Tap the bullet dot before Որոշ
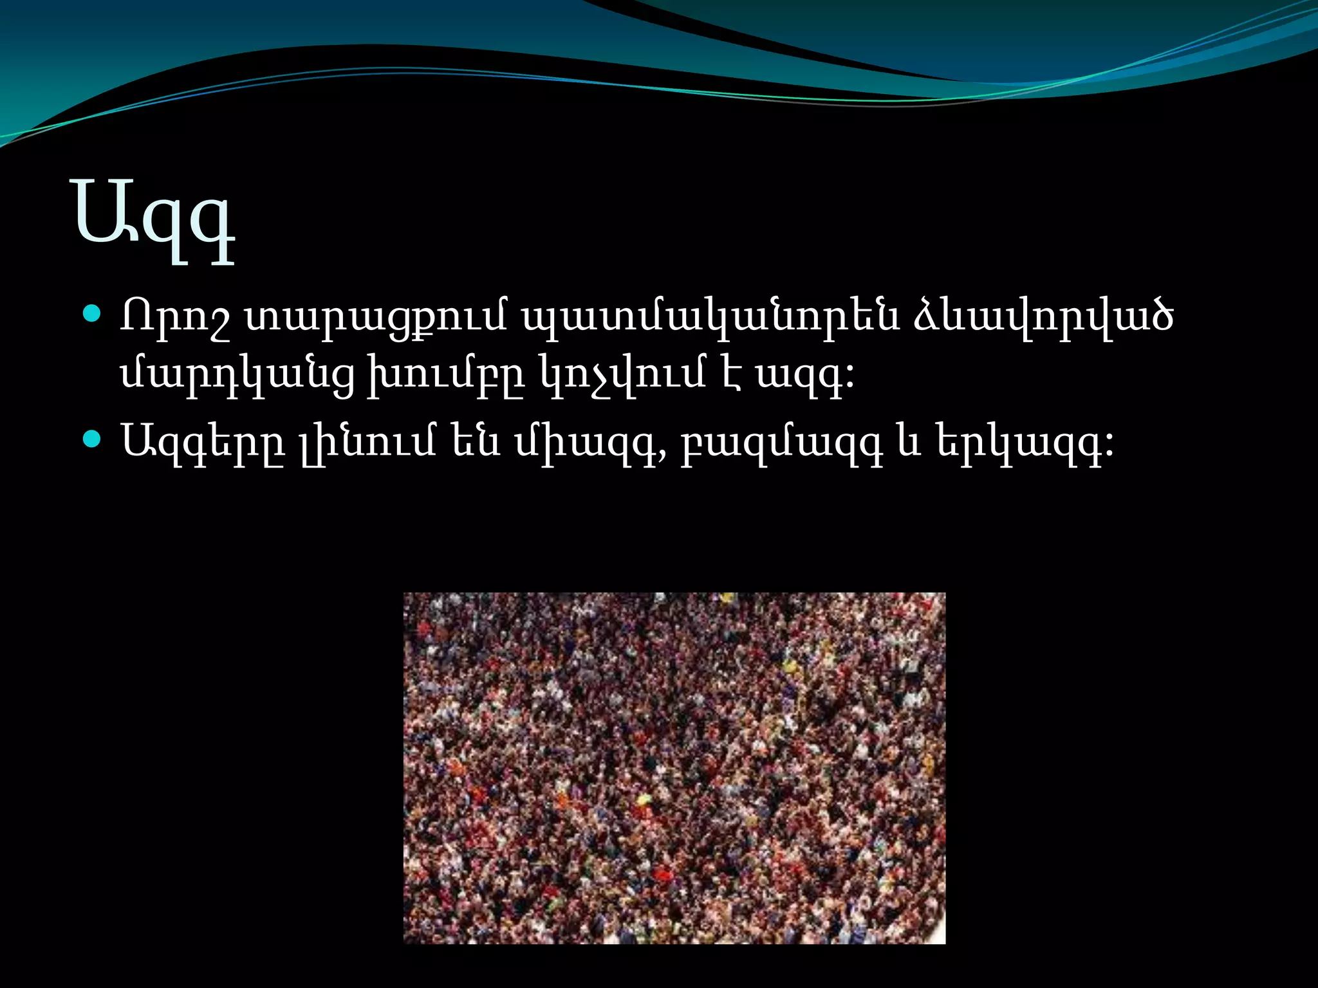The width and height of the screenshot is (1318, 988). point(93,315)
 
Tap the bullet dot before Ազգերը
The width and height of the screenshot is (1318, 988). point(93,439)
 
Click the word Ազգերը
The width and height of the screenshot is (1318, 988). point(203,443)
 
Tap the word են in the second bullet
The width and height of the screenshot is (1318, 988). point(476,441)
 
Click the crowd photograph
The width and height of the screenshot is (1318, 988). point(674,768)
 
